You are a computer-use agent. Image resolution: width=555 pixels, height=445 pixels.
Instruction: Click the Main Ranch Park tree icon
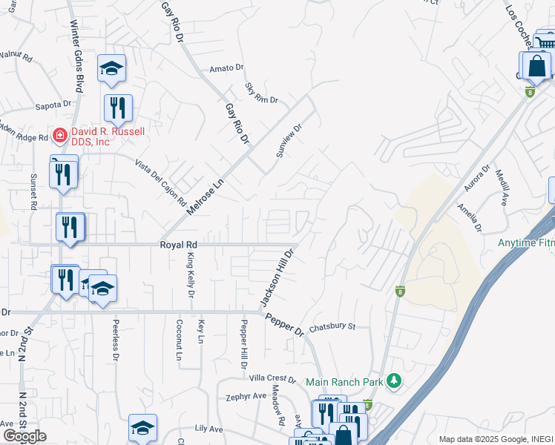pyautogui.click(x=395, y=381)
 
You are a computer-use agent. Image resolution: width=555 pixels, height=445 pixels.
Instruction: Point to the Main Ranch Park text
pyautogui.click(x=344, y=382)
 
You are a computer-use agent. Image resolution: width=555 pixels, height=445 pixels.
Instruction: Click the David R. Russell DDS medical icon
pyautogui.click(x=59, y=136)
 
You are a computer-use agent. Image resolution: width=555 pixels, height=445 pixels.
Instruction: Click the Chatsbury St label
pyautogui.click(x=332, y=326)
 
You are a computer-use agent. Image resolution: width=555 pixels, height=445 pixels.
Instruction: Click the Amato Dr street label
pyautogui.click(x=226, y=68)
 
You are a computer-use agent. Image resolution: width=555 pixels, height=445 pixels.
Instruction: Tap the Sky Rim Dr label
pyautogui.click(x=261, y=93)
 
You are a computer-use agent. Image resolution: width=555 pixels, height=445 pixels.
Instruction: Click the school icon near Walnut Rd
pyautogui.click(x=111, y=69)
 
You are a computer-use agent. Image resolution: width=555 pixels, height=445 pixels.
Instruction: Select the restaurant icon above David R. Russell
pyautogui.click(x=118, y=108)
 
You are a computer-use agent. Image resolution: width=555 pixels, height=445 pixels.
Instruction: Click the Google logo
pyautogui.click(x=24, y=435)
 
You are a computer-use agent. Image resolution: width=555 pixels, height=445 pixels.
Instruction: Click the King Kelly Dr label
pyautogui.click(x=191, y=276)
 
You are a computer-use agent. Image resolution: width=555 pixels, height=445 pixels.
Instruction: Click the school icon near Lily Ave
pyautogui.click(x=142, y=428)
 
